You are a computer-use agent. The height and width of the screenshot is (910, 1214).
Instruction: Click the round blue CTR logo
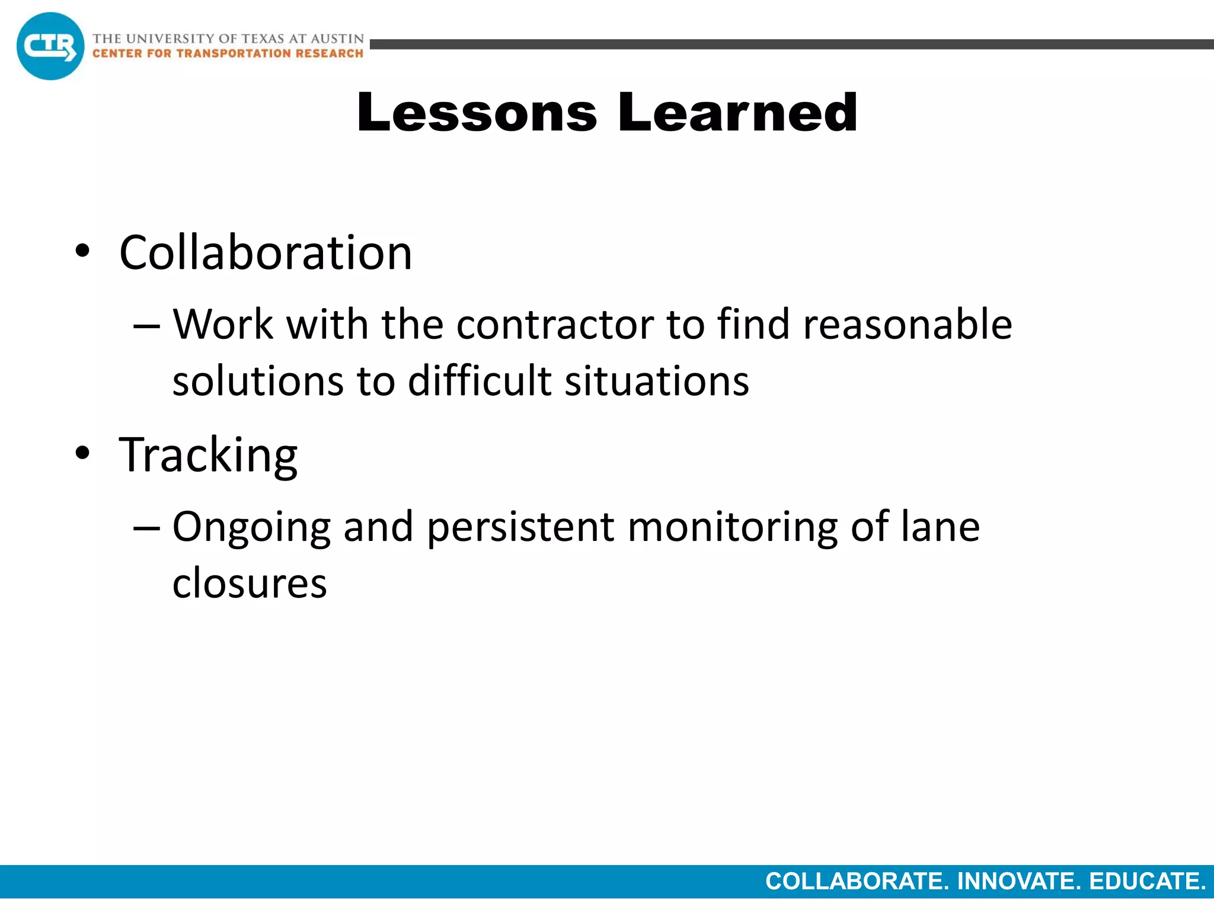point(50,46)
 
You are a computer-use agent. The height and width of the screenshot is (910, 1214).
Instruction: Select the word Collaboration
point(266,253)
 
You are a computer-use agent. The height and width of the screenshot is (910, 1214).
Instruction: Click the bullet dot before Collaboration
point(82,251)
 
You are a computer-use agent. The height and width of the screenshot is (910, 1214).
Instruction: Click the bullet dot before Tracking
point(82,454)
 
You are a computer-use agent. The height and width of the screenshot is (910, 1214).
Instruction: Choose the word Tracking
point(208,456)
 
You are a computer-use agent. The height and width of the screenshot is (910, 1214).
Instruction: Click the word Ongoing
point(251,527)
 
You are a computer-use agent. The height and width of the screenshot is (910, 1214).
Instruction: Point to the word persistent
point(520,527)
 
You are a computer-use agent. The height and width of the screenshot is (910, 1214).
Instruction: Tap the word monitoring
point(733,527)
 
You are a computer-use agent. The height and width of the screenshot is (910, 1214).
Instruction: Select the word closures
point(250,583)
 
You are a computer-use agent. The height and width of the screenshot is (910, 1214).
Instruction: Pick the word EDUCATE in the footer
point(1147,882)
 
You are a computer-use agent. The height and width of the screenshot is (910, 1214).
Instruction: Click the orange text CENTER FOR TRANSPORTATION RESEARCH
point(228,54)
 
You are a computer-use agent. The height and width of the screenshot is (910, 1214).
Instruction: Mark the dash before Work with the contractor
point(146,326)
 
